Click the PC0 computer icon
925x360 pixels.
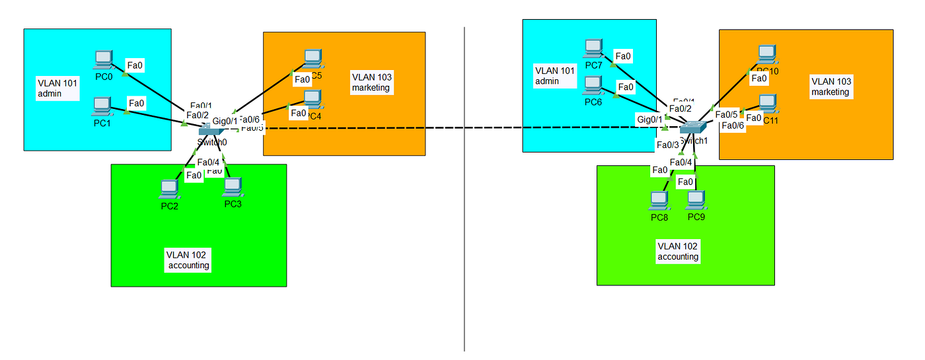click(103, 59)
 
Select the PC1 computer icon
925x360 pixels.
click(101, 106)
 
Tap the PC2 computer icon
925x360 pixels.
click(169, 190)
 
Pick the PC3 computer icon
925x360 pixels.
click(232, 188)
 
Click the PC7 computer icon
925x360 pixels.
click(593, 48)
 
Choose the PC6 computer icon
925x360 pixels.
click(593, 85)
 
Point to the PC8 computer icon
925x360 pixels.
click(659, 200)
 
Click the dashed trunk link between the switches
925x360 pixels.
click(462, 128)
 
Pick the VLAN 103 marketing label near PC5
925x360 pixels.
click(371, 82)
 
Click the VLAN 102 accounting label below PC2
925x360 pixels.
click(188, 260)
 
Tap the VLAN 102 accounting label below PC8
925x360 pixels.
click(678, 251)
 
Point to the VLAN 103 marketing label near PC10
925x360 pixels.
click(831, 87)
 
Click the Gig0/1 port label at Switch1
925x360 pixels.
click(649, 119)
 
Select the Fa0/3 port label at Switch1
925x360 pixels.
click(667, 144)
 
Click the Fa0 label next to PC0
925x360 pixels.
click(135, 65)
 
